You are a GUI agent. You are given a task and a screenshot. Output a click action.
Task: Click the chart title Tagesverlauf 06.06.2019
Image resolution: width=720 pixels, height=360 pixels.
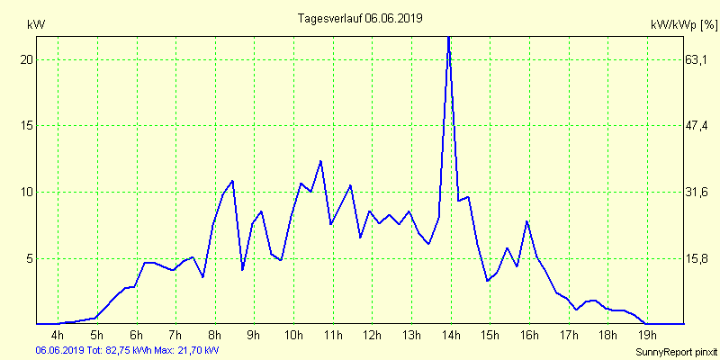pos(359,18)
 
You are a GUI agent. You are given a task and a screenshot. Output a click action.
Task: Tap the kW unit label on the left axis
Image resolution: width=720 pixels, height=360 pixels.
pos(36,24)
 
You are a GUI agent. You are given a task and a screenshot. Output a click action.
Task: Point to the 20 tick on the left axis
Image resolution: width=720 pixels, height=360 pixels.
pos(26,59)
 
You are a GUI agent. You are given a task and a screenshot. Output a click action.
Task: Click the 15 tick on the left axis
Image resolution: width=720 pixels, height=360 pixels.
pos(26,125)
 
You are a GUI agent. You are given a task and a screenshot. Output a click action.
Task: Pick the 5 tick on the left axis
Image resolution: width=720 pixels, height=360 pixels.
pos(29,258)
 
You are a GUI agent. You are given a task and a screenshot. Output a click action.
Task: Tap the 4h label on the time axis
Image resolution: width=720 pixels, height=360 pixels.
pos(58,336)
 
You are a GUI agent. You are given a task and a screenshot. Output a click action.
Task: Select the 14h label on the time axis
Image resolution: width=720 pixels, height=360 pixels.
pos(450,336)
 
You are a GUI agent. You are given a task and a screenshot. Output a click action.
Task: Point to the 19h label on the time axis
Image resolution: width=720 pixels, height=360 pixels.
pos(646,336)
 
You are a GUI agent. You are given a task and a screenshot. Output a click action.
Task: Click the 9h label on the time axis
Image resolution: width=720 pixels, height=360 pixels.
pos(254,336)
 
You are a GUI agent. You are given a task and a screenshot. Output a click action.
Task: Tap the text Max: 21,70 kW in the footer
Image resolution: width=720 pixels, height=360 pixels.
pos(186,349)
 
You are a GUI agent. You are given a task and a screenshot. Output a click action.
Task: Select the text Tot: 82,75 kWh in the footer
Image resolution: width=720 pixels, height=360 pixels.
pos(119,349)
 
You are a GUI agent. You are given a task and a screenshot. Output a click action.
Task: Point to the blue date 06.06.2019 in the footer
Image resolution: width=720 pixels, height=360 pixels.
pos(59,349)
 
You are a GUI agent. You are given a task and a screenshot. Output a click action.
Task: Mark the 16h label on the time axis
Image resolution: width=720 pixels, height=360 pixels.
pos(528,336)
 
